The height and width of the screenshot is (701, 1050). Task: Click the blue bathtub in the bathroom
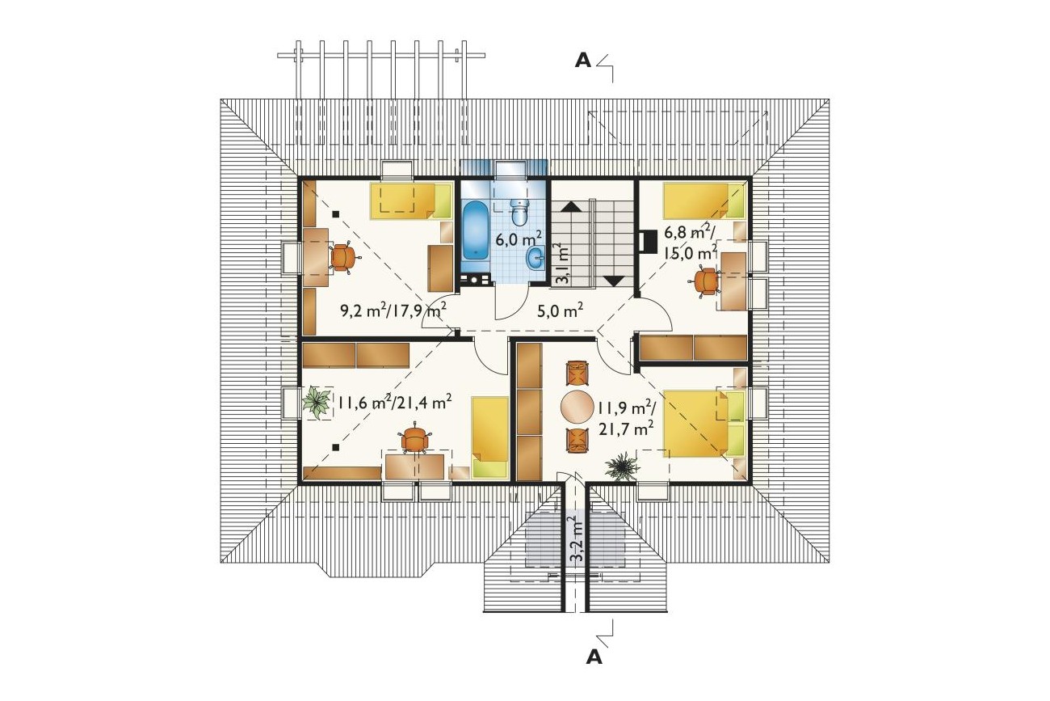point(476,230)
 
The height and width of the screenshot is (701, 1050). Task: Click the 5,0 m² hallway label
point(561,310)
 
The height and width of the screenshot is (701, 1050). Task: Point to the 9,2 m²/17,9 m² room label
point(393,310)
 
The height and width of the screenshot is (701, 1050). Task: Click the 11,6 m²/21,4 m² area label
point(395,402)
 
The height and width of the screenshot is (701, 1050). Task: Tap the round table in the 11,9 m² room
point(577,407)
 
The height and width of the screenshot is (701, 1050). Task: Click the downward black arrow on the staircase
point(614,281)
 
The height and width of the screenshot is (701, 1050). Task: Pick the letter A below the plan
point(594,657)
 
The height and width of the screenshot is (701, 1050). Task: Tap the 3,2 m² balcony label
point(575,539)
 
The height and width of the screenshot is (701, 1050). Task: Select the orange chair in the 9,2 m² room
point(345,258)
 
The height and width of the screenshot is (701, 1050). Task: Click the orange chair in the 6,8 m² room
point(705,281)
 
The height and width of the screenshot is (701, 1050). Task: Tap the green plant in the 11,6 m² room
point(317,403)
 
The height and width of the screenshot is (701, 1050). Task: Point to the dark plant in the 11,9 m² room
point(622,467)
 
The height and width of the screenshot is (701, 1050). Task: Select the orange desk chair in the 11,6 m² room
point(413,439)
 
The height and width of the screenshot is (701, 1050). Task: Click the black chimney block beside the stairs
point(647,241)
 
